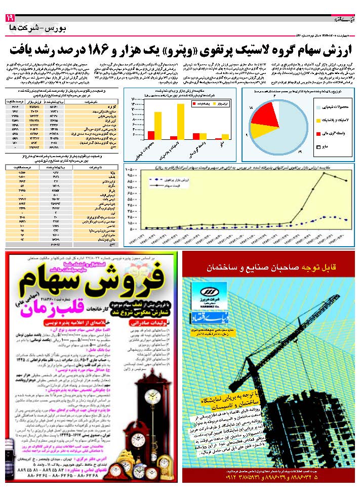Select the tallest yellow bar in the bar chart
[181, 121]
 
